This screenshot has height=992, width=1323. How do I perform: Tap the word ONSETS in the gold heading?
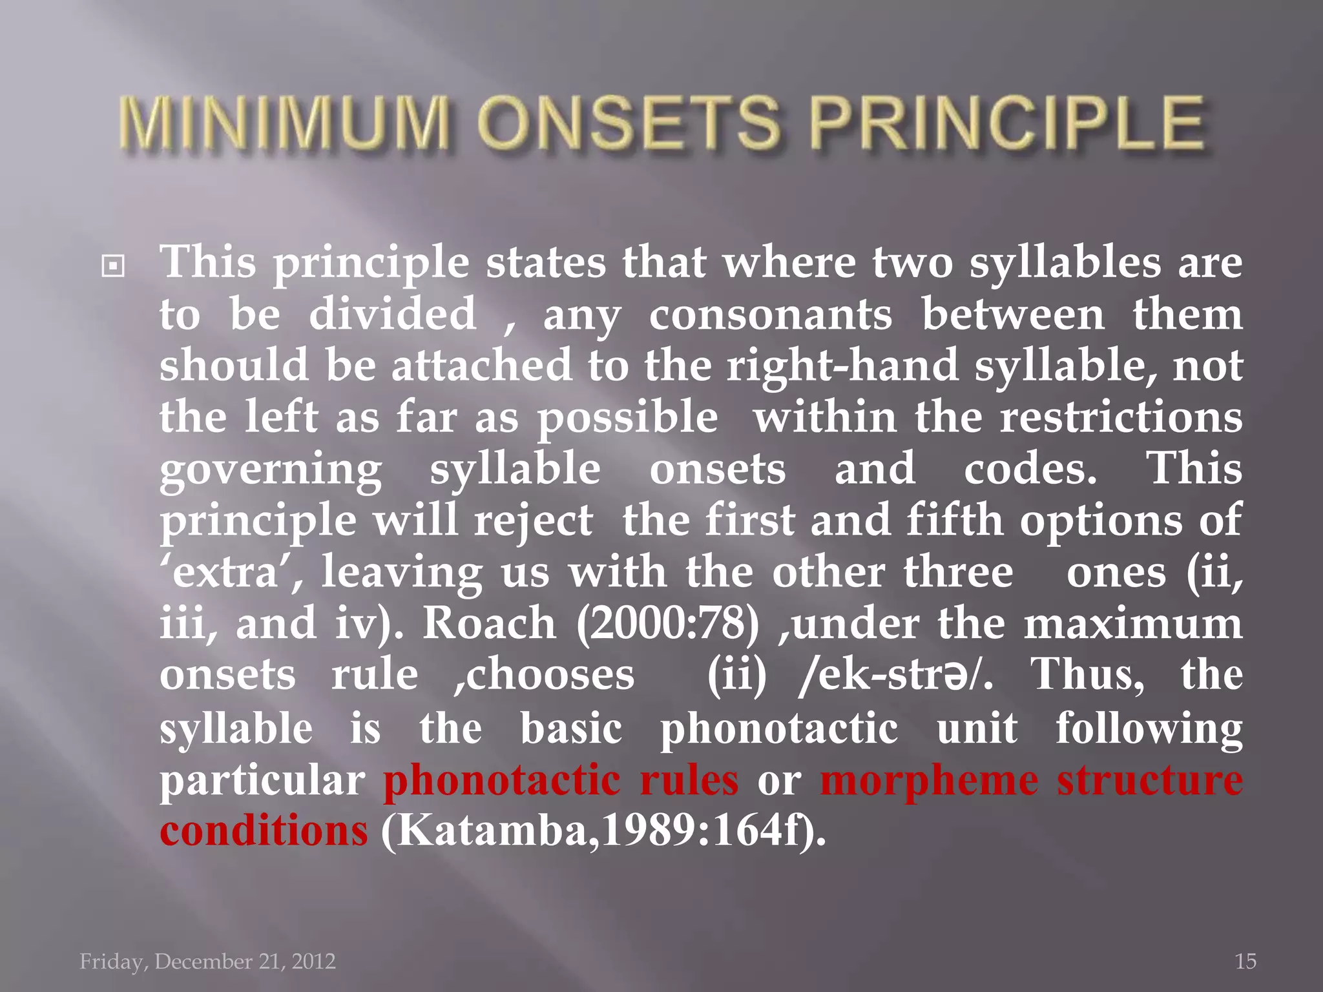click(630, 122)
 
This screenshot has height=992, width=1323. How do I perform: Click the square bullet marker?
click(113, 265)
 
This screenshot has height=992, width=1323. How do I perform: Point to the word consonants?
click(770, 315)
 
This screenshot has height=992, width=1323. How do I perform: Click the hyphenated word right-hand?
click(842, 366)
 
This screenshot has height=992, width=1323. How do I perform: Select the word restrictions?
click(1121, 417)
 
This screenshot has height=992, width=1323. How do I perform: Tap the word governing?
click(271, 470)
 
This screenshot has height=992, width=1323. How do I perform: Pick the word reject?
click(533, 521)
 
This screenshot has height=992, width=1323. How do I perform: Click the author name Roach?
click(489, 624)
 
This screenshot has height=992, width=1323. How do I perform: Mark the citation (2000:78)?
click(667, 624)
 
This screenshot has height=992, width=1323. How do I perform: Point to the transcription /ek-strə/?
click(895, 676)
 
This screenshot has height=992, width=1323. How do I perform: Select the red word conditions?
click(264, 831)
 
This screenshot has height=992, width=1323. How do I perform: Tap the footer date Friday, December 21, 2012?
click(207, 962)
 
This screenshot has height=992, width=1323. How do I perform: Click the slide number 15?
click(1245, 962)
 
